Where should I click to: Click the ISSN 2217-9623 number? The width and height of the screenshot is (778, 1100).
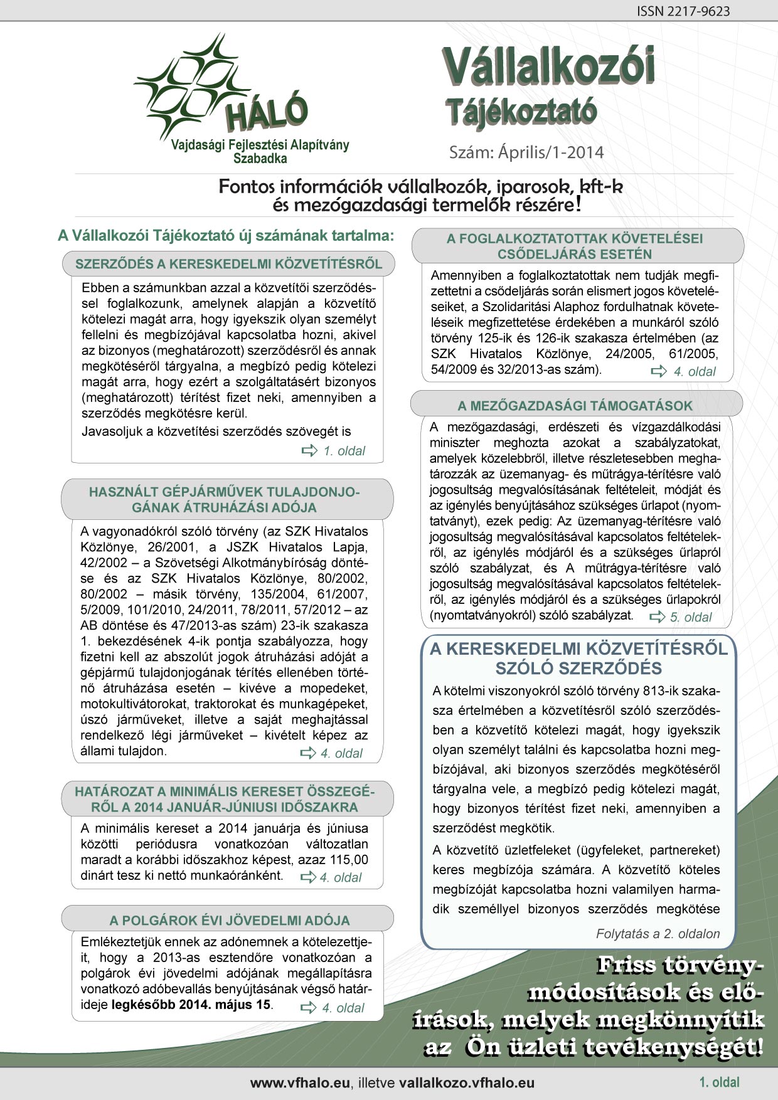(x=683, y=11)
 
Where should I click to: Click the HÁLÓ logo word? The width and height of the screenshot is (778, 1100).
(x=267, y=113)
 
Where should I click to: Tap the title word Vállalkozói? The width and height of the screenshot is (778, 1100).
(x=548, y=68)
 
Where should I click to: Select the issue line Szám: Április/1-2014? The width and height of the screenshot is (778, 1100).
(x=526, y=152)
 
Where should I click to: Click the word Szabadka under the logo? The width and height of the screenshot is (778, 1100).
(x=260, y=159)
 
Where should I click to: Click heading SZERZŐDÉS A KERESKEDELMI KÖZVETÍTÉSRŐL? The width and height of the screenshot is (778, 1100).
(x=228, y=264)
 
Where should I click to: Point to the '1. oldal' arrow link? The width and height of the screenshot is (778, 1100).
(x=335, y=451)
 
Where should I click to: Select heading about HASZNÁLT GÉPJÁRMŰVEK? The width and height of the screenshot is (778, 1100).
(x=225, y=499)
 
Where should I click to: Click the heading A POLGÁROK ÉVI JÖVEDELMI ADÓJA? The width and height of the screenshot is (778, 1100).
(x=230, y=921)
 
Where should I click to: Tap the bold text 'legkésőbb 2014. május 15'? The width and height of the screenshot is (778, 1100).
(x=191, y=1005)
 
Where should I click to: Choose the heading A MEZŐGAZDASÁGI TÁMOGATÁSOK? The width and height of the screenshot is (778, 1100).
(x=575, y=406)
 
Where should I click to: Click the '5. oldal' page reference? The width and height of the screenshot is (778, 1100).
(x=682, y=617)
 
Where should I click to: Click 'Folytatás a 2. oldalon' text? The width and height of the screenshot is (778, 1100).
(x=658, y=934)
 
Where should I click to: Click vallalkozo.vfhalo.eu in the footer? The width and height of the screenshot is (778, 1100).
(x=466, y=1083)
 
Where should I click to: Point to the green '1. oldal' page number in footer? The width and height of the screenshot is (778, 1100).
(x=719, y=1082)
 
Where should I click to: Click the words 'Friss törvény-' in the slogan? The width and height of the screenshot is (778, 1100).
(x=680, y=965)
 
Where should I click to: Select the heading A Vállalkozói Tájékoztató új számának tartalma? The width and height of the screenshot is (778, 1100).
(x=226, y=235)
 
